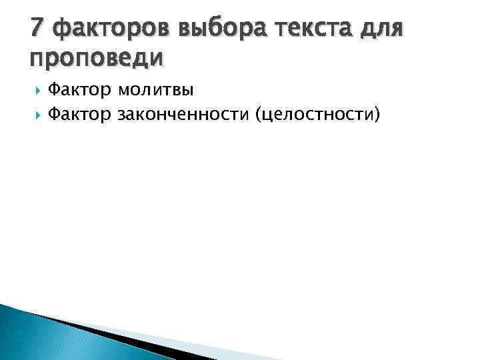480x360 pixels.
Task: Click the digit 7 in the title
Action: (37, 29)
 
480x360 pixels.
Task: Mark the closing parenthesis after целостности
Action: (378, 114)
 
